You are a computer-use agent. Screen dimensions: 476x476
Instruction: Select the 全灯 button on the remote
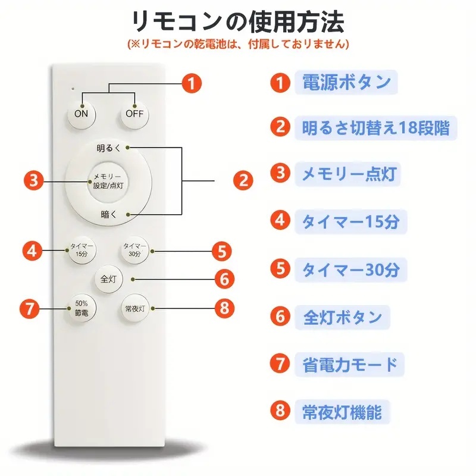pyautogui.click(x=108, y=277)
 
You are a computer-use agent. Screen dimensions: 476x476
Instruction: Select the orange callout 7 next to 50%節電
pyautogui.click(x=30, y=308)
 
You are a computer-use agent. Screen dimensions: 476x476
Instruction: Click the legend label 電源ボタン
pyautogui.click(x=346, y=82)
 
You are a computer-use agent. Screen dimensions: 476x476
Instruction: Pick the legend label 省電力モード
pyautogui.click(x=350, y=364)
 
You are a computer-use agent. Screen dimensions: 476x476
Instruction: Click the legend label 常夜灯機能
pyautogui.click(x=342, y=411)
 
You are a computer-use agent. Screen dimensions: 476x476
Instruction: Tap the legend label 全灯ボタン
pyautogui.click(x=342, y=317)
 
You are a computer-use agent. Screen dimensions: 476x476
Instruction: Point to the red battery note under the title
pyautogui.click(x=237, y=45)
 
